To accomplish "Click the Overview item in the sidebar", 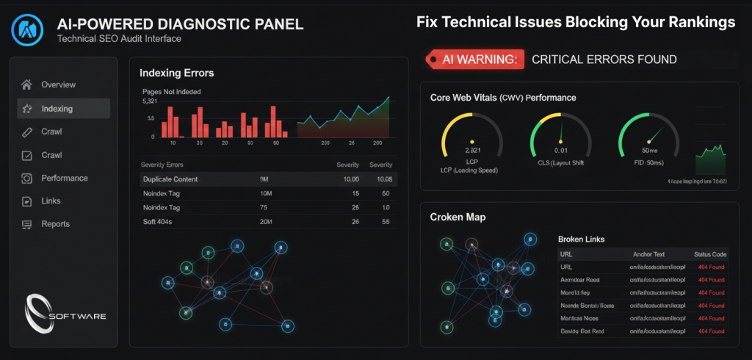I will pyautogui.click(x=58, y=84).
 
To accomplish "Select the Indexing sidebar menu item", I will pyautogui.click(x=57, y=109).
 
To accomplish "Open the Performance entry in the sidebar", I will pyautogui.click(x=64, y=178).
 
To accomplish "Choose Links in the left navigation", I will pyautogui.click(x=51, y=201).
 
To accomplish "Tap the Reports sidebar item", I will pyautogui.click(x=55, y=224).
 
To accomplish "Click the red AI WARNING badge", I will pyautogui.click(x=474, y=60).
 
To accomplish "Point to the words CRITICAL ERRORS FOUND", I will pyautogui.click(x=604, y=60).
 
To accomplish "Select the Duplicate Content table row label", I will pyautogui.click(x=170, y=179).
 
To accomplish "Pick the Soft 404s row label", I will pyautogui.click(x=159, y=222).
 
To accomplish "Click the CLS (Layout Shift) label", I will pyautogui.click(x=561, y=163).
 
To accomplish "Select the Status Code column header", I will pyautogui.click(x=709, y=254).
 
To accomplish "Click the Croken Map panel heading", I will pyautogui.click(x=457, y=217).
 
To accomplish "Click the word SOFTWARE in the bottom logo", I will pyautogui.click(x=77, y=316).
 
